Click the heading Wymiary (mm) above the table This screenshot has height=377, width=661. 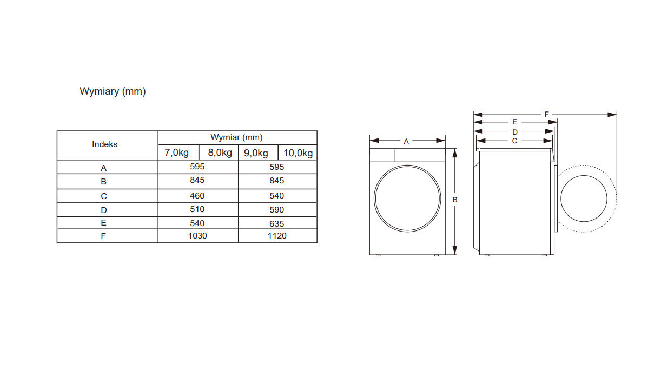pyautogui.click(x=113, y=91)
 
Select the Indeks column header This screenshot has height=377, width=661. pyautogui.click(x=105, y=144)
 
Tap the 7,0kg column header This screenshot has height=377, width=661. pyautogui.click(x=176, y=153)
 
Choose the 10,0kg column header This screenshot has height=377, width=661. pyautogui.click(x=298, y=153)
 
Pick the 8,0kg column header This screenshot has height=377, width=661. pyautogui.click(x=220, y=153)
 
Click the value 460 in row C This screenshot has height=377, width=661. pyautogui.click(x=197, y=196)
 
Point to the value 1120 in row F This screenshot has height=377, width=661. pyautogui.click(x=277, y=236)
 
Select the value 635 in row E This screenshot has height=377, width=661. pyautogui.click(x=277, y=224)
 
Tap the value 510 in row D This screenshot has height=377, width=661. pyautogui.click(x=197, y=209)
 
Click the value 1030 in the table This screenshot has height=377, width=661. pyautogui.click(x=198, y=236)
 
